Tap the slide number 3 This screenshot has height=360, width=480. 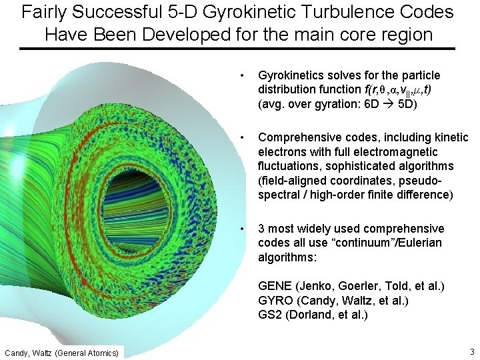point(471,351)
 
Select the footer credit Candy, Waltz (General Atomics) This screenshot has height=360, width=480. point(62,352)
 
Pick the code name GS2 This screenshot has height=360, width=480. point(270,315)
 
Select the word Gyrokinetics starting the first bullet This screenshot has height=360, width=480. point(290,76)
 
